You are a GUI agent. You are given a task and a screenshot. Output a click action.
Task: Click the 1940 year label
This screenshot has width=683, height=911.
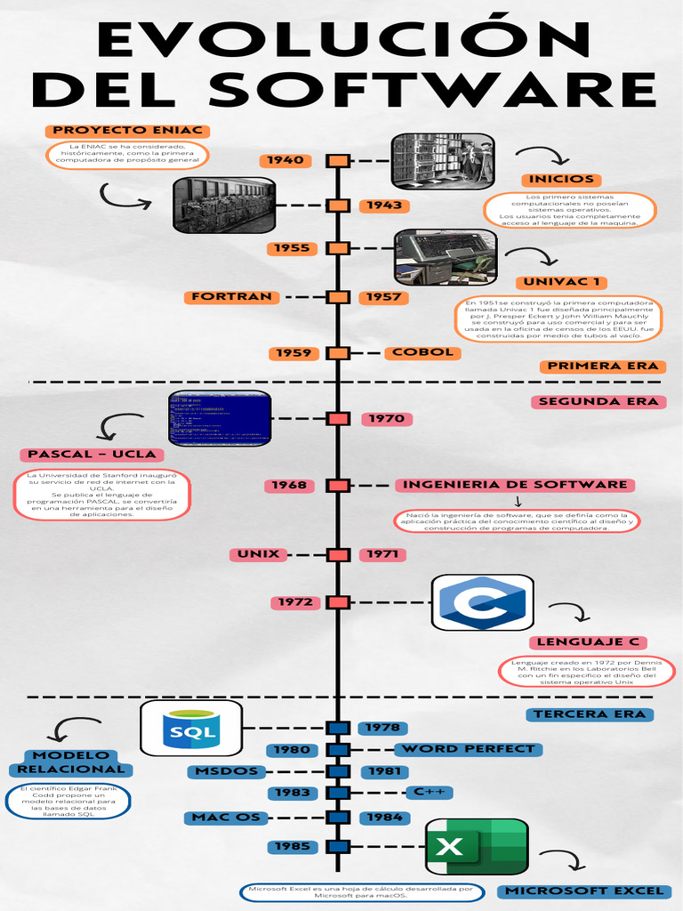pyautogui.click(x=285, y=161)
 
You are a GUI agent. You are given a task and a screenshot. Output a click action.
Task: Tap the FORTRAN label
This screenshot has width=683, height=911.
pyautogui.click(x=230, y=297)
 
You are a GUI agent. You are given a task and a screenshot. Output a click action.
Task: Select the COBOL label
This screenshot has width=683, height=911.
pyautogui.click(x=422, y=352)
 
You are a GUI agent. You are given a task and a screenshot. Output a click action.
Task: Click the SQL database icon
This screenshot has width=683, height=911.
pyautogui.click(x=192, y=729)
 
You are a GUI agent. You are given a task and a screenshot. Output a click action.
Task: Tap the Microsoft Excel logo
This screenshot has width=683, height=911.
pyautogui.click(x=477, y=846)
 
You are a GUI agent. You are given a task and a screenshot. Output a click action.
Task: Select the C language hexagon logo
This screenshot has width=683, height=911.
pyautogui.click(x=483, y=602)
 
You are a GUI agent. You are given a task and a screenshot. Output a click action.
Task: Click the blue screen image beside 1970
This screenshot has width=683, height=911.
pyautogui.click(x=220, y=418)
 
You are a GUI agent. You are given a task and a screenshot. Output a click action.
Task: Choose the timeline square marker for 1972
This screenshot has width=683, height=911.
pyautogui.click(x=338, y=602)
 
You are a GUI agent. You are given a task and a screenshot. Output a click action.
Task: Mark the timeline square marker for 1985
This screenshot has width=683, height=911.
pyautogui.click(x=338, y=846)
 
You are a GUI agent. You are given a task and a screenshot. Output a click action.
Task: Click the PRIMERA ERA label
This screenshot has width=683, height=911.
pyautogui.click(x=602, y=366)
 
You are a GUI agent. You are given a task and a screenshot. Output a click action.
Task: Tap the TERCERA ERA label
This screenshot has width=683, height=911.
pyautogui.click(x=590, y=714)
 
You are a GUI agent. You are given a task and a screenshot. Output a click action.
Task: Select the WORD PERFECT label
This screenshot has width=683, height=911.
pyautogui.click(x=467, y=749)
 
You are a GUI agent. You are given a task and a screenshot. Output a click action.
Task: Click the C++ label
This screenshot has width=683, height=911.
pyautogui.click(x=430, y=792)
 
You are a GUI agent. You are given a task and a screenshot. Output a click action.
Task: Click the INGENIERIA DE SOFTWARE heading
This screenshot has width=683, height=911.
pyautogui.click(x=515, y=485)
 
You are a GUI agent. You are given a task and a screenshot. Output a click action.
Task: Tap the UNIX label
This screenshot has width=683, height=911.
pyautogui.click(x=258, y=554)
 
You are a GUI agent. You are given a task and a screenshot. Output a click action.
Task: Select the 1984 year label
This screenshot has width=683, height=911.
pyautogui.click(x=384, y=818)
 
